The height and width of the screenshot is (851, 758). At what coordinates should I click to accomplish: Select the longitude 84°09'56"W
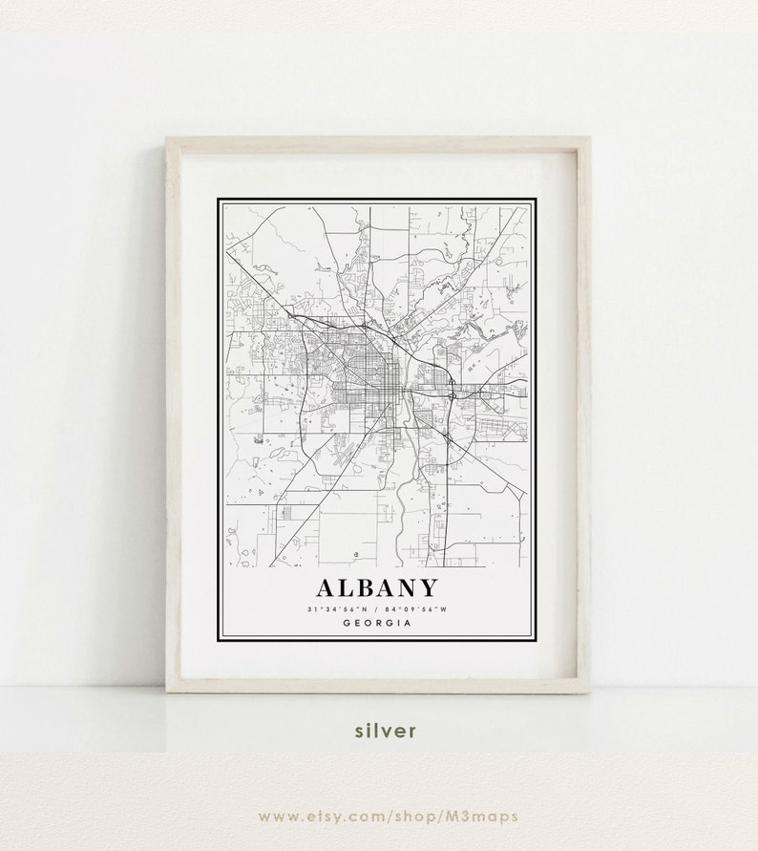click(417, 609)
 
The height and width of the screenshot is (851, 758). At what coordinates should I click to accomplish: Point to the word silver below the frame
click(386, 731)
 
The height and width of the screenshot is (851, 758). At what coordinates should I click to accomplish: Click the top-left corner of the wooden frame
click(168, 139)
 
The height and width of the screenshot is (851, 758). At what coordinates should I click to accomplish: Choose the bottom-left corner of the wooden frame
click(168, 691)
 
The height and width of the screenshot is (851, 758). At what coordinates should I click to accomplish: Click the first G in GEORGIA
click(344, 624)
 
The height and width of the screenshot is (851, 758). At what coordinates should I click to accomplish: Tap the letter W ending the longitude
click(444, 609)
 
